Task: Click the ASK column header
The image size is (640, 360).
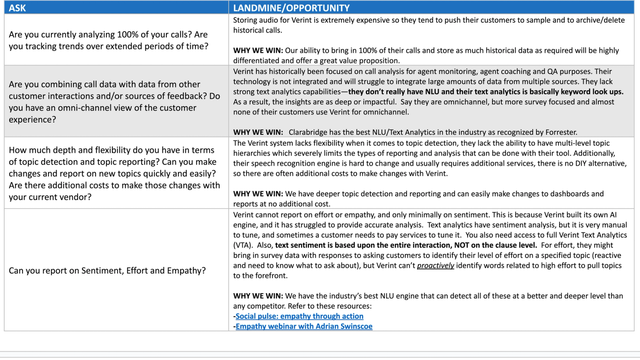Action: pos(17,8)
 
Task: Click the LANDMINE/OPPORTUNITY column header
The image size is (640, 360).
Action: pos(291,8)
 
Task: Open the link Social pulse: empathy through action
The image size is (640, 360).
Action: pos(299,316)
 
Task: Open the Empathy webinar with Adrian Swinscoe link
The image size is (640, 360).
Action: pos(304,326)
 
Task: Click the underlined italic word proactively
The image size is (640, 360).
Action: pos(435,265)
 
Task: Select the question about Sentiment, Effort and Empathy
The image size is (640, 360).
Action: pos(107,270)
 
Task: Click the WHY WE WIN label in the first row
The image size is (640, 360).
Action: pos(258,50)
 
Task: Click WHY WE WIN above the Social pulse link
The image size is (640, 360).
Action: pos(258,296)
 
